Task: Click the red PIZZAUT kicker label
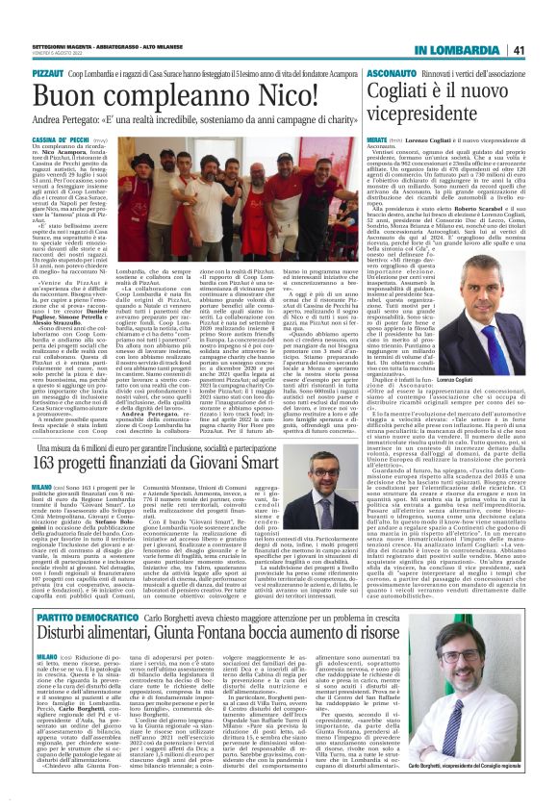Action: [48, 72]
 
